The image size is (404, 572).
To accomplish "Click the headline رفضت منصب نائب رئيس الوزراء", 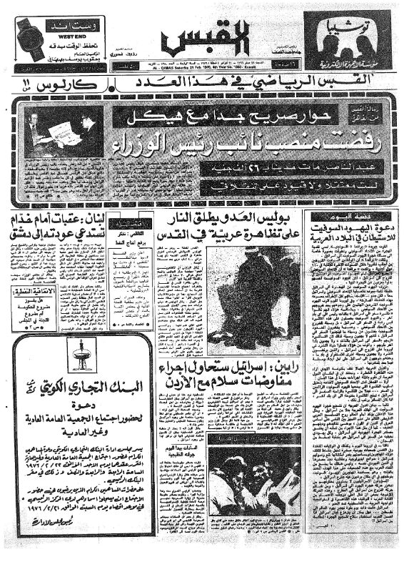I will [x=221, y=146].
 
